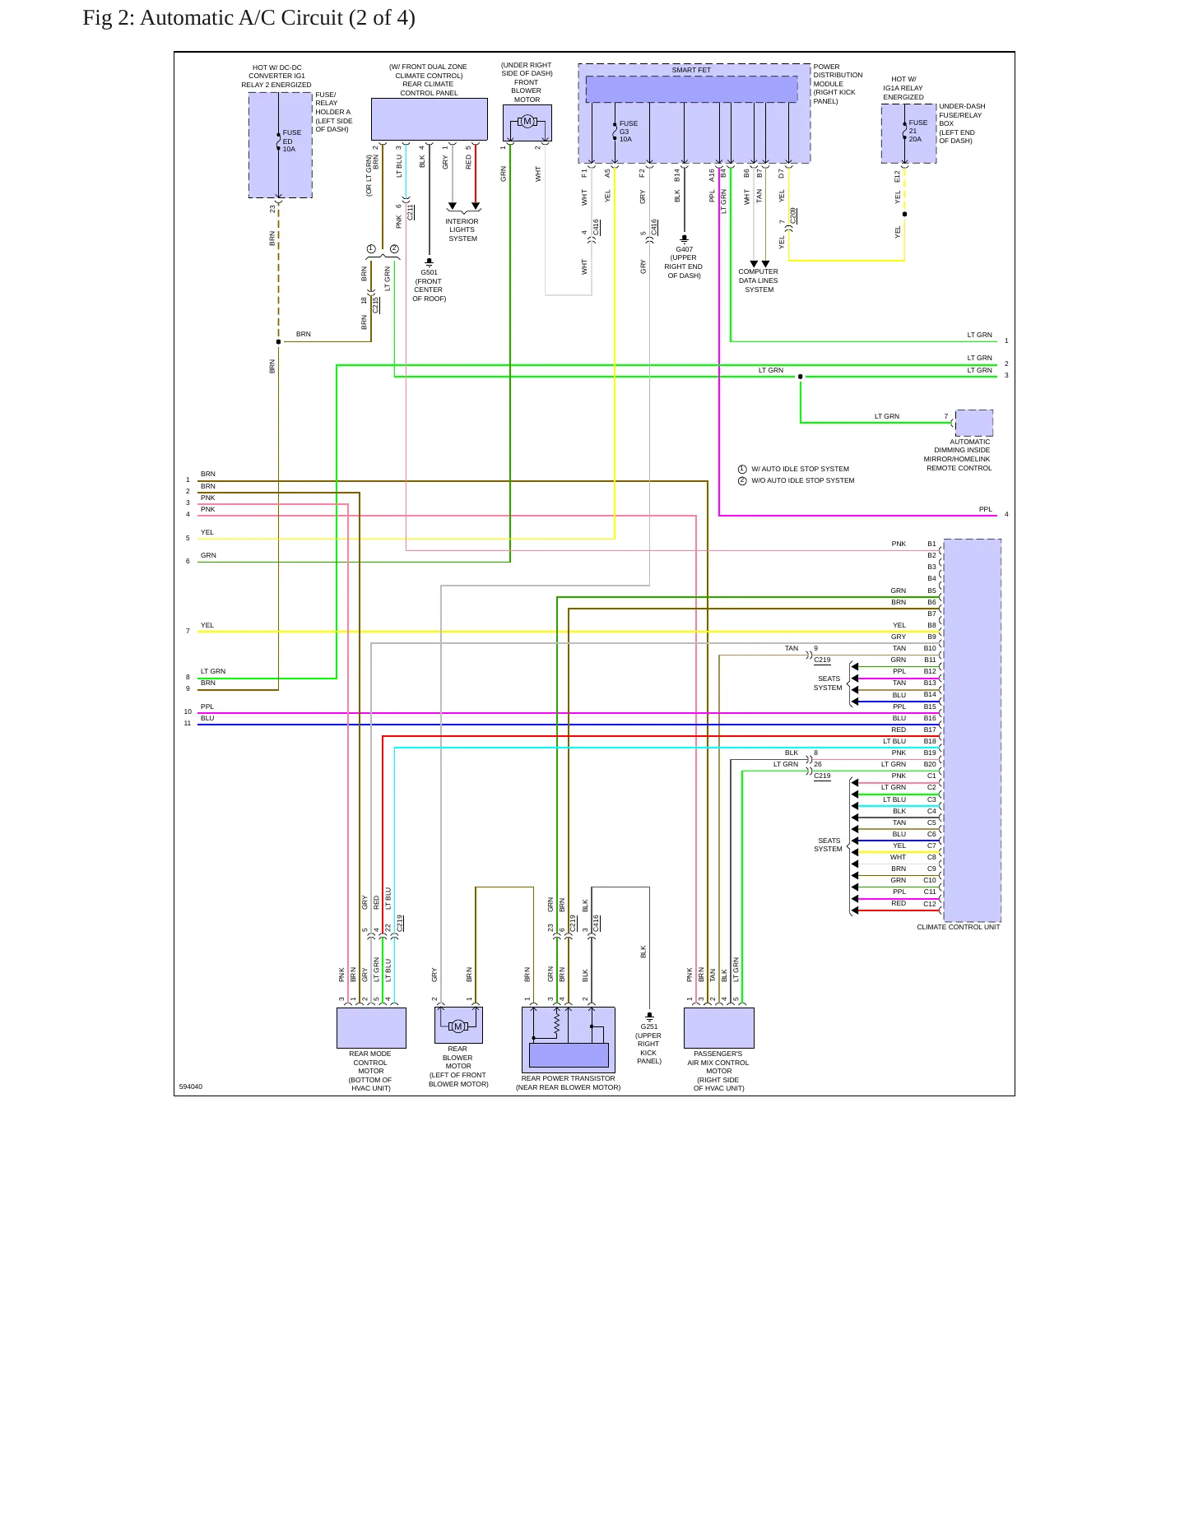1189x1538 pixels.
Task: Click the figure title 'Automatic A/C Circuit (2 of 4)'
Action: coord(277,18)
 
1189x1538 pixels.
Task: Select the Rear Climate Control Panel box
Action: coord(429,119)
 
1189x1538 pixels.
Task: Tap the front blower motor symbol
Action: coord(527,123)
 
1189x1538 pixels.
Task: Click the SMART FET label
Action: coord(691,70)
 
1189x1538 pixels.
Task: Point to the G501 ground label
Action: coord(430,272)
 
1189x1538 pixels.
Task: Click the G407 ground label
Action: coord(685,249)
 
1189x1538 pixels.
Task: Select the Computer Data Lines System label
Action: coord(759,280)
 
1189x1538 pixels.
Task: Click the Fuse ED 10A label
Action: coord(291,141)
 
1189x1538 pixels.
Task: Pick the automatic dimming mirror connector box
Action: coord(973,423)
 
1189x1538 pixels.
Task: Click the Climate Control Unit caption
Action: coord(959,927)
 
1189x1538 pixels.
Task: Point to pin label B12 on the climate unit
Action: coord(930,671)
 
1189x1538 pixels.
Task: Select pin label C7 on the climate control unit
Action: coord(931,845)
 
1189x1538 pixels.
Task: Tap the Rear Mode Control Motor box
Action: coord(371,1028)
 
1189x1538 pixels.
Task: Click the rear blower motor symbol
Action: coord(458,1026)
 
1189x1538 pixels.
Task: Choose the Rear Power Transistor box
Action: coord(569,1040)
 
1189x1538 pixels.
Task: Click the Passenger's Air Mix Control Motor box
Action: coord(719,1028)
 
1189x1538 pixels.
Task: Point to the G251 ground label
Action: coord(649,1026)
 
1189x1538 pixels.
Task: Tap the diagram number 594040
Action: coord(191,1086)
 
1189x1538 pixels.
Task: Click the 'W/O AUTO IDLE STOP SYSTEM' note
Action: coord(802,480)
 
